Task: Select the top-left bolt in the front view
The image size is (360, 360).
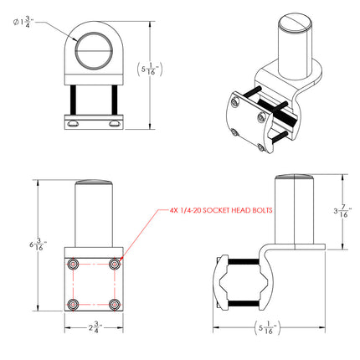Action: click(x=73, y=264)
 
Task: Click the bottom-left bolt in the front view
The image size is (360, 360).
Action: click(x=73, y=303)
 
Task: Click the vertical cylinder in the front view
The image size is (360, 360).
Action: click(x=93, y=218)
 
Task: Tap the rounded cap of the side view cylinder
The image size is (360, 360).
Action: click(x=292, y=177)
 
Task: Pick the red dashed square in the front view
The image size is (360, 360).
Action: click(x=93, y=284)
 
